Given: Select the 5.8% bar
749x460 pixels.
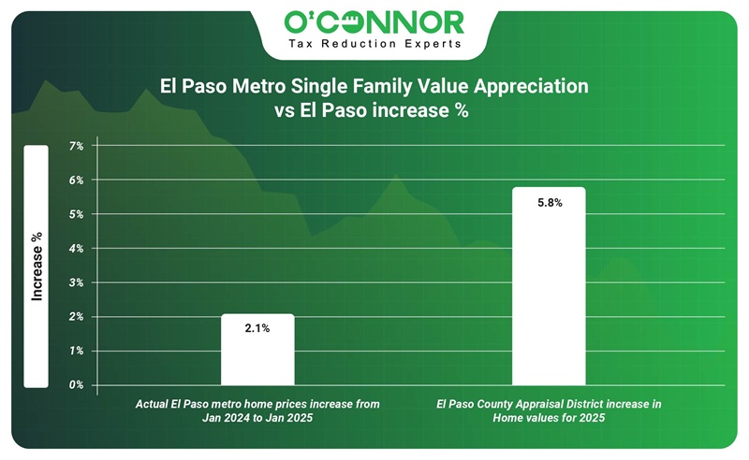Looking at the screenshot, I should point(549,290).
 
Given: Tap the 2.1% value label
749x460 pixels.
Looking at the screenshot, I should point(257,327).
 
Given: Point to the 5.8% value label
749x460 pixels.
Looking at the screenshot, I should point(549,202).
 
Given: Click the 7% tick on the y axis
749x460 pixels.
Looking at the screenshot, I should point(76,146).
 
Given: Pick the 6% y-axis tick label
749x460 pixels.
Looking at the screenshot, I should point(76,180).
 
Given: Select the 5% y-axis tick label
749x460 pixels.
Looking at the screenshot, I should point(76,214).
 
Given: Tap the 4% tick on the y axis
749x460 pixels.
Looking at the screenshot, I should point(76,249).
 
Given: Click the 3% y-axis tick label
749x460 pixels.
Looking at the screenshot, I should point(76,282).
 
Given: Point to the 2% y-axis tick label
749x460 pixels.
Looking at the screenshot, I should point(76,317).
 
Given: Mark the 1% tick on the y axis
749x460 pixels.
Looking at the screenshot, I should point(76,351).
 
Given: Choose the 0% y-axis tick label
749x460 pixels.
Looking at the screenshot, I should point(76,385).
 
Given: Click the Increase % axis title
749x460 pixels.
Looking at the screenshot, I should point(37,266).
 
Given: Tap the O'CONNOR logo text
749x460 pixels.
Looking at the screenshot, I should point(374,22).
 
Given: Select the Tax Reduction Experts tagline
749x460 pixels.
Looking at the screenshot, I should point(374,43).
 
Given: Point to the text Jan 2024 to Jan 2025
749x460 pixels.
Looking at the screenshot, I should point(257,419).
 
